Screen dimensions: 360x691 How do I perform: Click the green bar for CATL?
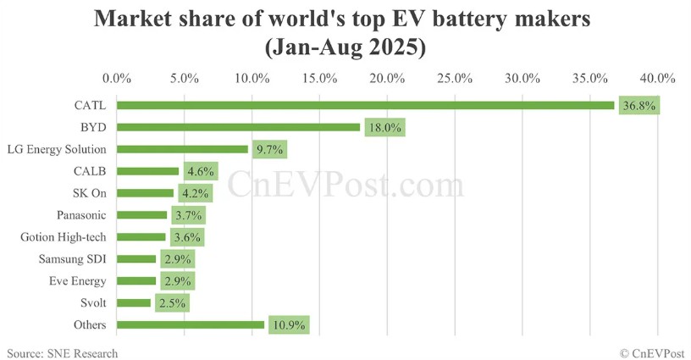tap(365, 105)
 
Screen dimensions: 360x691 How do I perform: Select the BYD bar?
tap(238, 127)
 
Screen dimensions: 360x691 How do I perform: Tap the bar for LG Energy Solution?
tap(182, 149)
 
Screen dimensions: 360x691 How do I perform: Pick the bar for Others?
tap(191, 324)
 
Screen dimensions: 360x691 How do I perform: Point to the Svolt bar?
tap(134, 302)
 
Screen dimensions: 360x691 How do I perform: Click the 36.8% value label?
tap(639, 106)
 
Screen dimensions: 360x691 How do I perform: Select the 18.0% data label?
tap(384, 128)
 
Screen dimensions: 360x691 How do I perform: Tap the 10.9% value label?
tap(288, 325)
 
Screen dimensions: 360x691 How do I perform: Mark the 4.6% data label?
tap(198, 171)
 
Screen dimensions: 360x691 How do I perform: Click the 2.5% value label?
tap(172, 303)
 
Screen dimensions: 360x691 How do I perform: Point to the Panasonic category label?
tap(81, 215)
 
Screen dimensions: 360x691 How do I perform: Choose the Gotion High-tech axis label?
tap(69, 237)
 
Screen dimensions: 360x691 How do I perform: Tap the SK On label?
tap(89, 193)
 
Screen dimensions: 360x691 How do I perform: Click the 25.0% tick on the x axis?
tap(456, 79)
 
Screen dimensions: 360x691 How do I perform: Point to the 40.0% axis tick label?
tap(658, 79)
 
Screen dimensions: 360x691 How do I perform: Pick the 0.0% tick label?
tap(117, 79)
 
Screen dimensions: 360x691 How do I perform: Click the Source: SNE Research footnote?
tap(63, 352)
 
